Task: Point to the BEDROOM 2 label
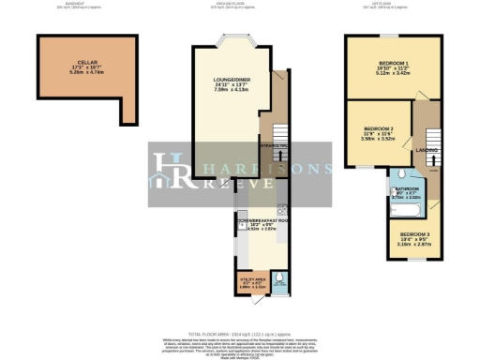click(378, 127)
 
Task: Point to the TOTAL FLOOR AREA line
click(240, 335)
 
